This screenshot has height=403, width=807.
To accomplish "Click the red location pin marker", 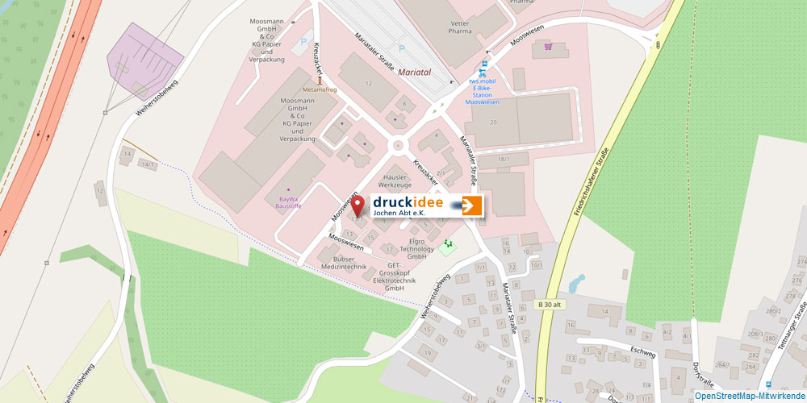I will coord(357,205).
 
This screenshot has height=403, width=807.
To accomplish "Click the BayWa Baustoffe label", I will coord(288,201).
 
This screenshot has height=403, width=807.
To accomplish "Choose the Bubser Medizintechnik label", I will coord(344,262).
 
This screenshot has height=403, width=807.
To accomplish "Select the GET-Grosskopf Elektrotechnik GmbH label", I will coord(395,276).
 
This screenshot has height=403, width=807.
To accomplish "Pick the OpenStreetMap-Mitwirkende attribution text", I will coord(750,396).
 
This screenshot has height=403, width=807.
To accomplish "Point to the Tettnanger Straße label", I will coord(792,326).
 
